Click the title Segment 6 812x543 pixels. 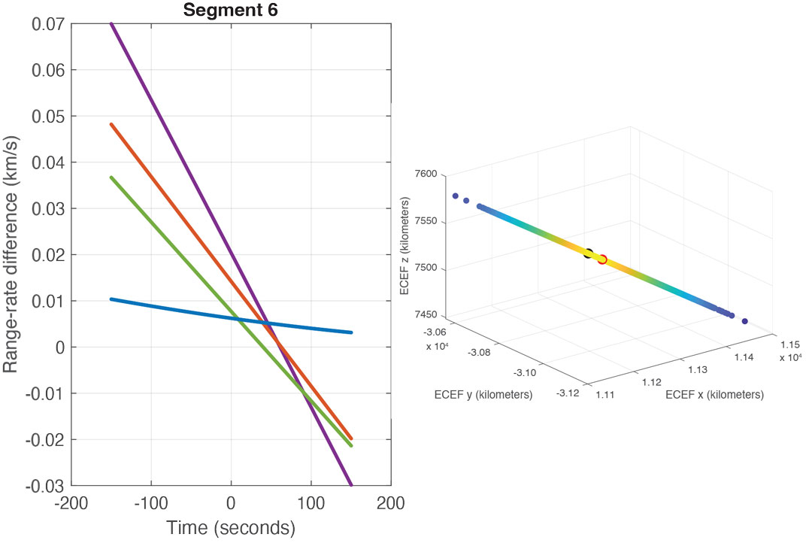[230, 10]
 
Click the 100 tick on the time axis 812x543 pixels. [311, 503]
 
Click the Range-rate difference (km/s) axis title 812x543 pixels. [11, 254]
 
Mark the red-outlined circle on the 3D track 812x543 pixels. [602, 259]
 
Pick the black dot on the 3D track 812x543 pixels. [589, 254]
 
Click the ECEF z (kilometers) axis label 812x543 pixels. [405, 246]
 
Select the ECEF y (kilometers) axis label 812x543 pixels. [483, 394]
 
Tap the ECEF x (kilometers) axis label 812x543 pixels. [715, 395]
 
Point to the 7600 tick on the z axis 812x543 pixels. [426, 174]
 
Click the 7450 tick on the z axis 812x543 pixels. [426, 317]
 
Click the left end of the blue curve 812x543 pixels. [111, 299]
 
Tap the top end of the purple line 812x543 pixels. [111, 23]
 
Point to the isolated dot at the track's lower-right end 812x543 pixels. [745, 321]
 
